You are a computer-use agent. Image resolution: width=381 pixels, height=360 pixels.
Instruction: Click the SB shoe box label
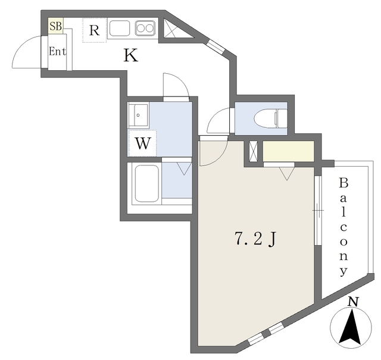click(x=55, y=26)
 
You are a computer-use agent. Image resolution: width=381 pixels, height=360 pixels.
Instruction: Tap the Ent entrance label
click(x=57, y=52)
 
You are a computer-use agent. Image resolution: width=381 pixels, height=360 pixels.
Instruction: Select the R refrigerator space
click(x=94, y=30)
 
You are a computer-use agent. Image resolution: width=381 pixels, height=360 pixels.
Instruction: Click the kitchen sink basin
click(x=119, y=28)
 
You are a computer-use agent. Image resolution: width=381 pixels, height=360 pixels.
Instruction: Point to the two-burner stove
click(x=145, y=28)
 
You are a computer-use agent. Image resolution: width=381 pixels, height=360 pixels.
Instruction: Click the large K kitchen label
click(x=131, y=55)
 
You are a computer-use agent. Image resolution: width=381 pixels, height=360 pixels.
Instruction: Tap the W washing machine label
click(x=142, y=143)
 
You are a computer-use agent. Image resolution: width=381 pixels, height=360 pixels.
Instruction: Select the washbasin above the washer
click(x=138, y=115)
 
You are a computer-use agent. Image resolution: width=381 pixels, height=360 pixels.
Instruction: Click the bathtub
click(x=146, y=184)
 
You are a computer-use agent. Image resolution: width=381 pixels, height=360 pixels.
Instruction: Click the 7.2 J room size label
click(x=255, y=239)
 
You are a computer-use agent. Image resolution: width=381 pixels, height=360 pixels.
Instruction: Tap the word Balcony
click(x=343, y=227)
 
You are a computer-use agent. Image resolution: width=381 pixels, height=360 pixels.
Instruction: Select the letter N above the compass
click(x=353, y=302)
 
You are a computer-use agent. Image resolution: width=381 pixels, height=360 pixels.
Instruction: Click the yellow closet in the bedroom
click(x=288, y=151)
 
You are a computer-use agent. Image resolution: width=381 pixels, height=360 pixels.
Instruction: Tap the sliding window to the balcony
click(x=317, y=211)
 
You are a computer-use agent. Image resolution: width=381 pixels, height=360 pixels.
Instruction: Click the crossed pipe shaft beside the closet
click(x=253, y=151)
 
